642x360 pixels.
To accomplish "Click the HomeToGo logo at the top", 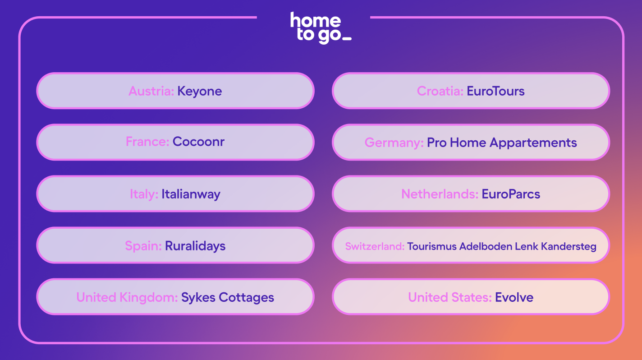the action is [x=321, y=28].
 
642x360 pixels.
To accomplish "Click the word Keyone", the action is [x=199, y=92].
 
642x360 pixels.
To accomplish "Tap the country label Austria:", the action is [x=151, y=91].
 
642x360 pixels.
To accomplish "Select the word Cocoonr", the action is [x=198, y=142].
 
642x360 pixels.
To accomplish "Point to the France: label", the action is [x=147, y=142].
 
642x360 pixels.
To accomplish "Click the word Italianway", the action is [x=191, y=194].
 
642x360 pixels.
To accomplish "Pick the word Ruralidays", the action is [x=195, y=246].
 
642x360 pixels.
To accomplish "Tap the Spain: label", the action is [x=143, y=246].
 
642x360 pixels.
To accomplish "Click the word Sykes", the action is [x=198, y=298].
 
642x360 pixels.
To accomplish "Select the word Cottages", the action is [x=246, y=298].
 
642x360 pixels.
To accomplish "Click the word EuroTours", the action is [x=495, y=91].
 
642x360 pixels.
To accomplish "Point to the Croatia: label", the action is [x=440, y=91].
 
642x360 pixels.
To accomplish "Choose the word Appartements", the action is [x=533, y=143].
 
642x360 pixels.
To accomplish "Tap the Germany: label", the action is [x=394, y=143].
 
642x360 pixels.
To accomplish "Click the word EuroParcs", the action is [x=511, y=194].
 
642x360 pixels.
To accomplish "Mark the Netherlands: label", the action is [x=440, y=194].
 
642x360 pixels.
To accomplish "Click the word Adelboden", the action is [x=486, y=246].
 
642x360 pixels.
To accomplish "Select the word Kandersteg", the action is [x=569, y=247].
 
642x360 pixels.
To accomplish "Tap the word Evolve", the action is [x=514, y=297].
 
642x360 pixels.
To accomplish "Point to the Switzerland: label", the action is [x=375, y=246].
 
